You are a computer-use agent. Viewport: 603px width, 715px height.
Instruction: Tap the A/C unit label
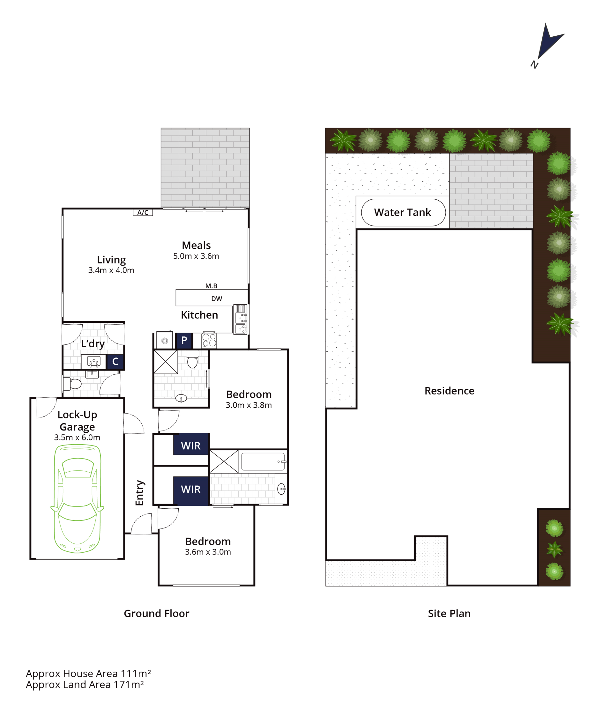[143, 212]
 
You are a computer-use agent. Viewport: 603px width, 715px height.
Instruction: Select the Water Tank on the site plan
[403, 212]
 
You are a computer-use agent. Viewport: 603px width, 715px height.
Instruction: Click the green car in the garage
[77, 498]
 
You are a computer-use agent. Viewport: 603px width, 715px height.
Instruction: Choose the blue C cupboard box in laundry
[115, 361]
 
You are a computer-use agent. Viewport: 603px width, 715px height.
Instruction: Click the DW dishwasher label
[217, 299]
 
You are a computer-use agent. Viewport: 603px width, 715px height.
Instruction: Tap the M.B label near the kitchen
[211, 286]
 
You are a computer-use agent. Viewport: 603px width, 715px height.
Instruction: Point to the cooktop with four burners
[209, 340]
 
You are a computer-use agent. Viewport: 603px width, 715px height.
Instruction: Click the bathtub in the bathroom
[263, 461]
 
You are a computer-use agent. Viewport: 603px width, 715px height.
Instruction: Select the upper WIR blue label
[191, 446]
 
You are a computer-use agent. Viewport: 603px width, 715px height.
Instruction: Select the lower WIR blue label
[191, 489]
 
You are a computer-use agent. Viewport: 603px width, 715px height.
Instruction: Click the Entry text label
[139, 493]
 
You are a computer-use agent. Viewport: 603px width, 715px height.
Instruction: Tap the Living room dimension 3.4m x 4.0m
[111, 270]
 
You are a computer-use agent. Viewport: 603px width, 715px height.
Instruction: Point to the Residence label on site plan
[449, 391]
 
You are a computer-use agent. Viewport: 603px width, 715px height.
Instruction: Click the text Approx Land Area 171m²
[85, 685]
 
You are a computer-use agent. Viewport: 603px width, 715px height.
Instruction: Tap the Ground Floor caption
[156, 614]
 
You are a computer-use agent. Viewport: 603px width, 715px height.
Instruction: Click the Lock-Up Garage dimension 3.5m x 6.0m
[77, 438]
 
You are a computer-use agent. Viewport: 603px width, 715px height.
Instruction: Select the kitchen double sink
[241, 320]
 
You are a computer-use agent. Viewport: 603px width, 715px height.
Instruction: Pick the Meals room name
[196, 245]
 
